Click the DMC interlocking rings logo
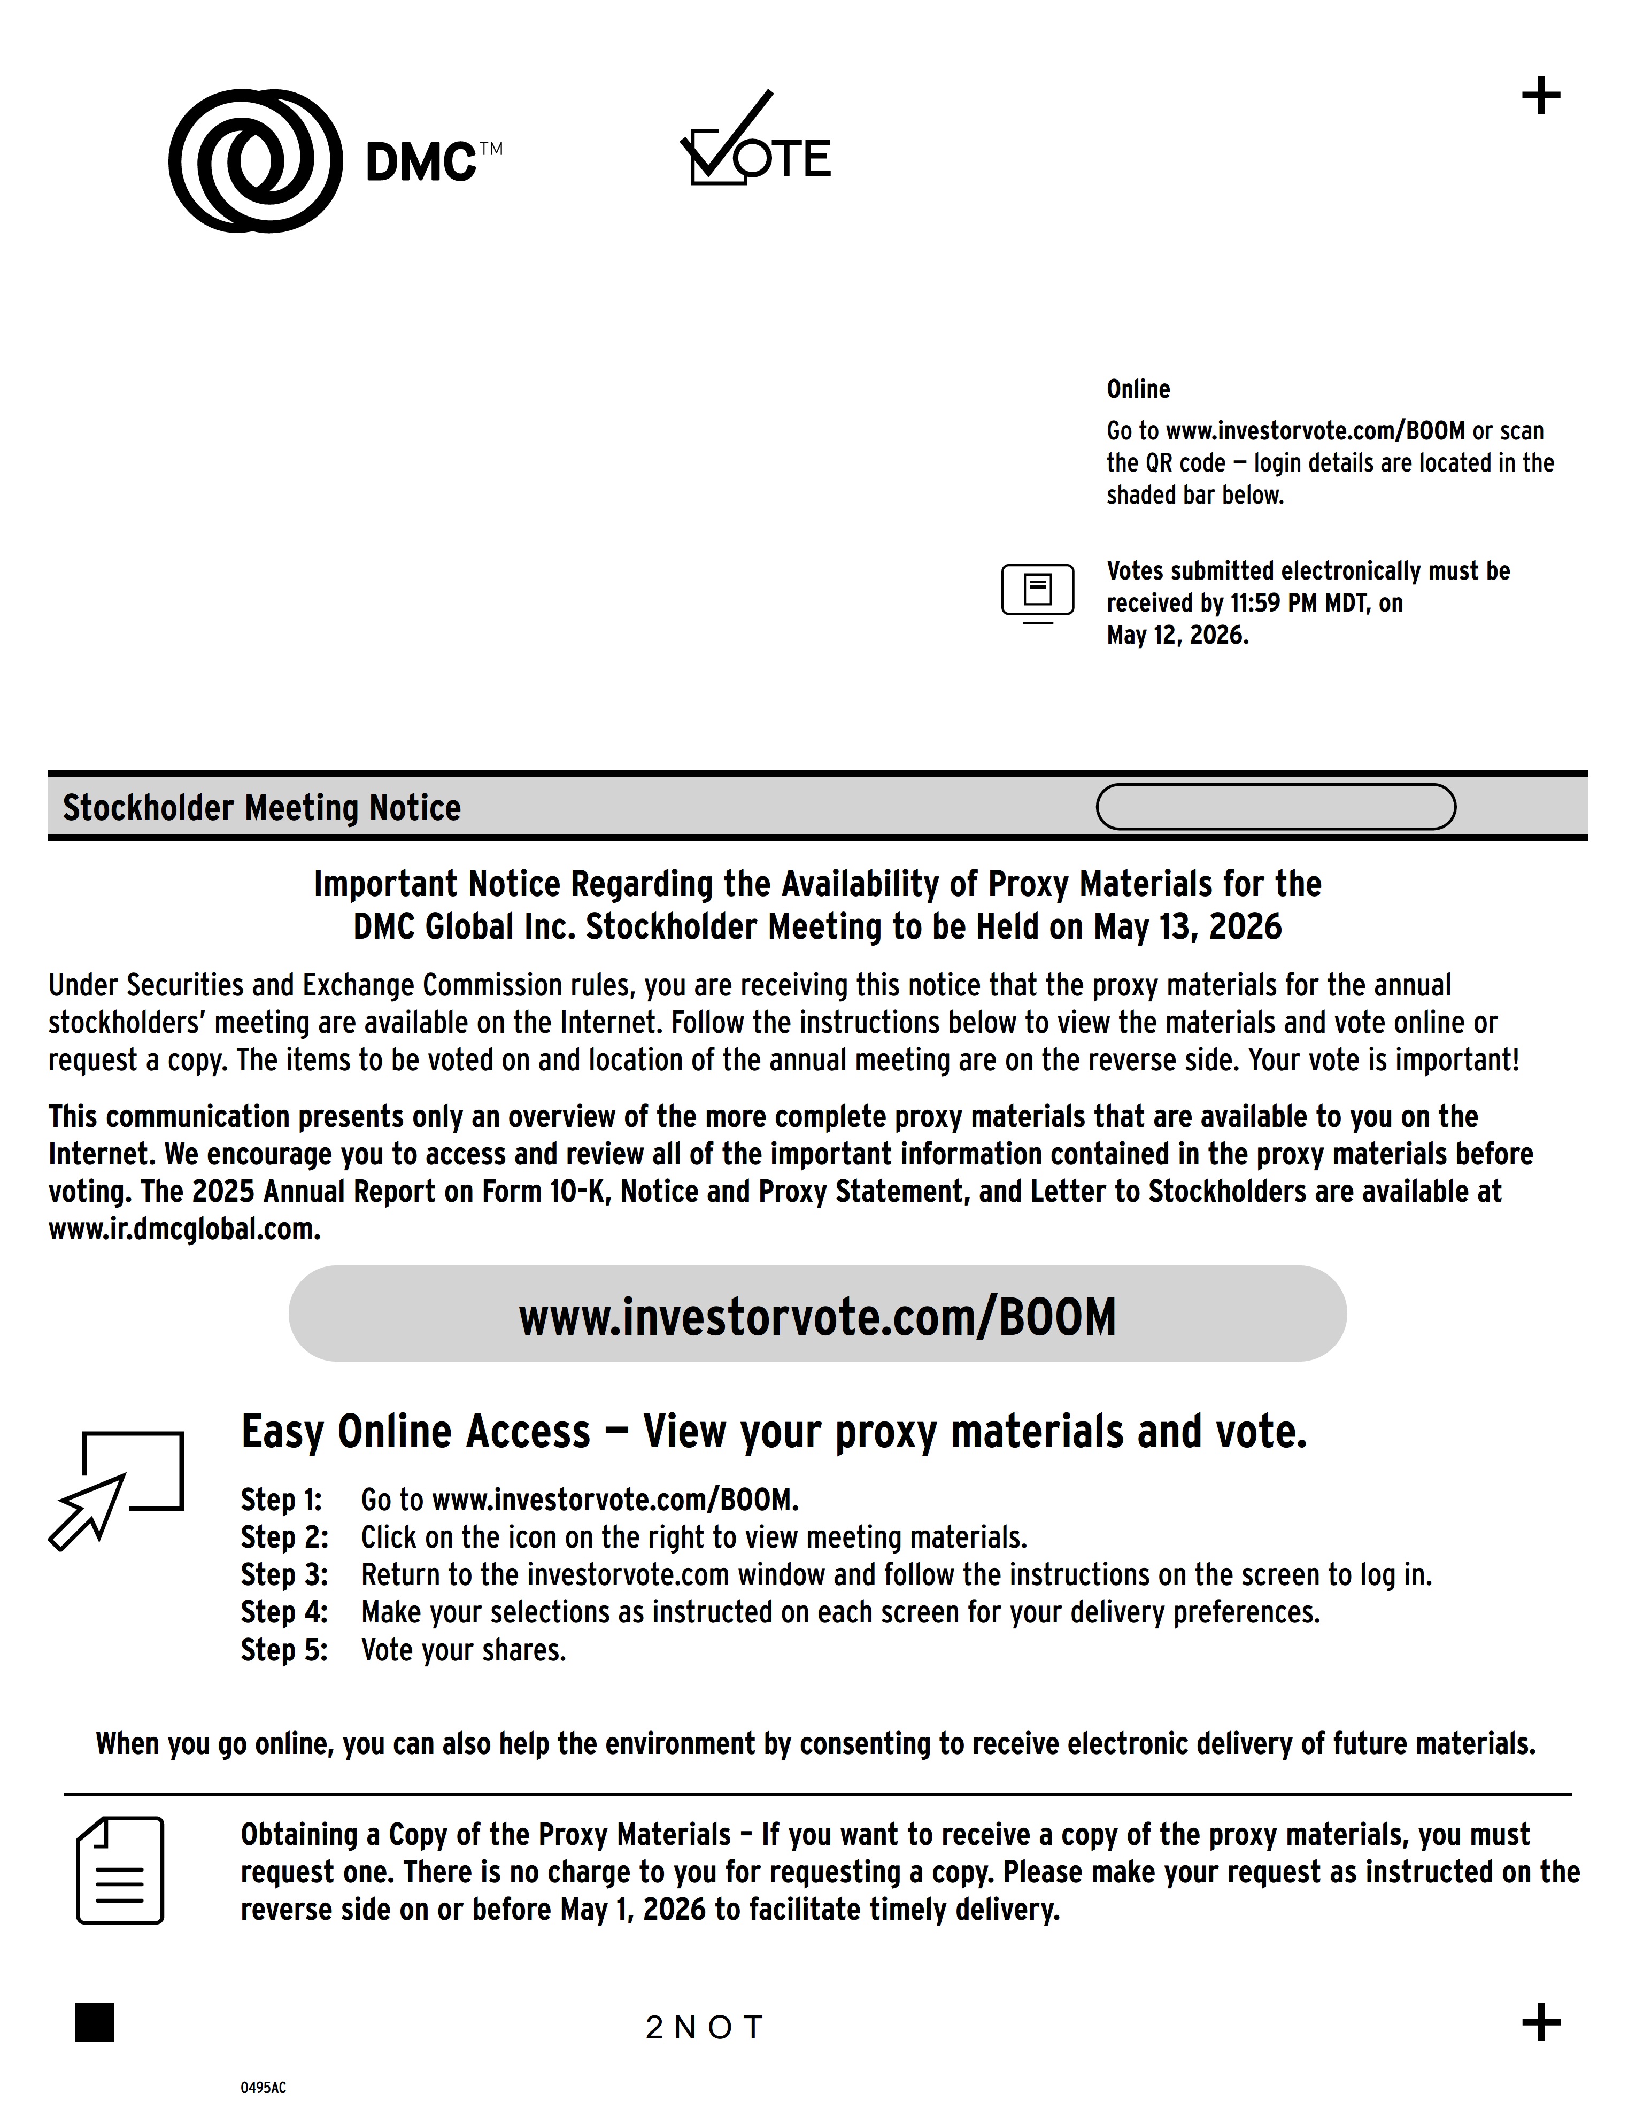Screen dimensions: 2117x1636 pyautogui.click(x=255, y=161)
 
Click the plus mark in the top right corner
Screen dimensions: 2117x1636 pyautogui.click(x=1541, y=97)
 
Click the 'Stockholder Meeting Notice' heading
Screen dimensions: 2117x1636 pyautogui.click(x=261, y=807)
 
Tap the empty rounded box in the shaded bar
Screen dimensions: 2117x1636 pyautogui.click(x=1276, y=807)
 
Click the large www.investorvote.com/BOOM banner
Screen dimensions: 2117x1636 pyautogui.click(x=817, y=1315)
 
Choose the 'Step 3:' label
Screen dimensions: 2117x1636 pyautogui.click(x=284, y=1575)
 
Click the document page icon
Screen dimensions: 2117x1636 pyautogui.click(x=120, y=1871)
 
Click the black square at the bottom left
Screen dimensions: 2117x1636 pyautogui.click(x=95, y=2022)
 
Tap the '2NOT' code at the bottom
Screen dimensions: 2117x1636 pyautogui.click(x=705, y=2027)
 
